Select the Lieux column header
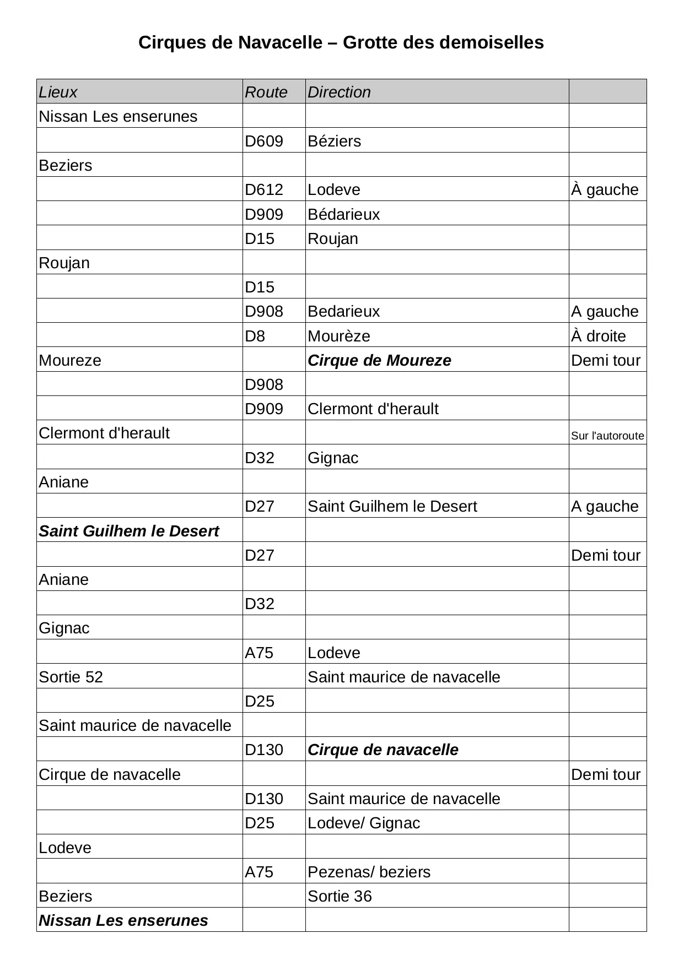[58, 92]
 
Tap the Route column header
[266, 92]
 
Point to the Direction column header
[339, 92]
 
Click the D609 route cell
[264, 141]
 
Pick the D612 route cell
[264, 189]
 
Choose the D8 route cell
[255, 336]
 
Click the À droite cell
[599, 336]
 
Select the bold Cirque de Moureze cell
[379, 360]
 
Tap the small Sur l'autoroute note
[607, 436]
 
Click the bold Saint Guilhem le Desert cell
[129, 531]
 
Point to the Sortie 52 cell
[71, 677]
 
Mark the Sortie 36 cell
[340, 896]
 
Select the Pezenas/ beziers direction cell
[369, 872]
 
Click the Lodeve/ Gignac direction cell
[364, 823]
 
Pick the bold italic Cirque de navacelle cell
[383, 750]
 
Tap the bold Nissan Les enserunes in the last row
[123, 920]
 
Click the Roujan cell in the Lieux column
[64, 263]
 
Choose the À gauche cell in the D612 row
[605, 189]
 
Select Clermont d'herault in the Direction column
[373, 409]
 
